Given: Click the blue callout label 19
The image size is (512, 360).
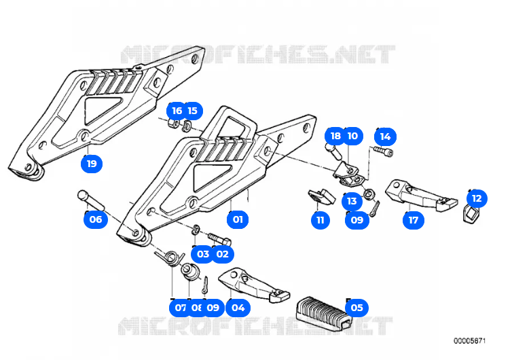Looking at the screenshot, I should [92, 163].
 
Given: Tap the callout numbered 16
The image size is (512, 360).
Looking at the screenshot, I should [177, 110].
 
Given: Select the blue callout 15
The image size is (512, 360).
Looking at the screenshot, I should [192, 110].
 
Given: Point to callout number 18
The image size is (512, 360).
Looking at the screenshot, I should [335, 136].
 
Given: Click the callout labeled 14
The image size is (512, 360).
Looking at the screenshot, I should [385, 136].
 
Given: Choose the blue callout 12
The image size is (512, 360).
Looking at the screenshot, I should [476, 198].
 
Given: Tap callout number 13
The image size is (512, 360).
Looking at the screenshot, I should [351, 200].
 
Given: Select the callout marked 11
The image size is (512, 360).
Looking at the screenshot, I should [320, 219].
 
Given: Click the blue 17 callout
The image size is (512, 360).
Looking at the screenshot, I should [412, 219].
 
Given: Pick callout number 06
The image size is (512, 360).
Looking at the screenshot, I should [95, 219].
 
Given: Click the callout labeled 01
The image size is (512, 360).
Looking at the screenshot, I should [238, 219].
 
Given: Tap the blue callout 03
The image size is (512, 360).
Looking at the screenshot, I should [203, 254].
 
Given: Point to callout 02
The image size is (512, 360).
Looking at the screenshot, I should [221, 254].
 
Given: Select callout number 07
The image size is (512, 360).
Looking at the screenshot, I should [181, 307].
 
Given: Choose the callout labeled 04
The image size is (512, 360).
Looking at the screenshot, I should [238, 307].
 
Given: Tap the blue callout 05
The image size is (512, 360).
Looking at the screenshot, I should [356, 307].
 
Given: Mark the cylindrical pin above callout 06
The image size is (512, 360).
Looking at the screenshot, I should [90, 198].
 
